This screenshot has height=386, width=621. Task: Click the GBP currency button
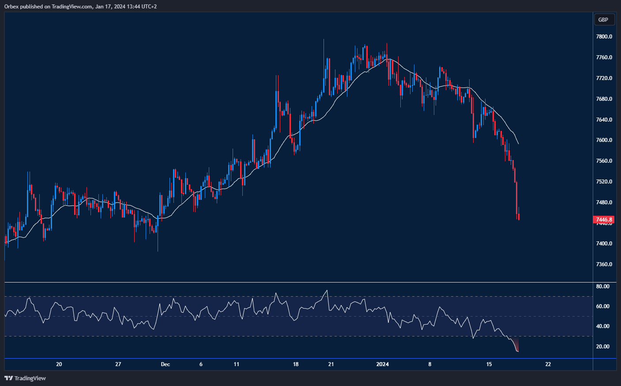click(x=603, y=19)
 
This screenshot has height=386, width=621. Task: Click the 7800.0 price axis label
click(x=604, y=37)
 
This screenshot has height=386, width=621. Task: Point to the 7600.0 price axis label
click(x=604, y=140)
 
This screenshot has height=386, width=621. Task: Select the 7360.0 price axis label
click(x=604, y=264)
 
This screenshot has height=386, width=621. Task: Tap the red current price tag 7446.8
click(x=604, y=220)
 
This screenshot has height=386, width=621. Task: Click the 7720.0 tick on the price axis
click(x=604, y=78)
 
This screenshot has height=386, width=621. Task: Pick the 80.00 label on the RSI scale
click(x=602, y=287)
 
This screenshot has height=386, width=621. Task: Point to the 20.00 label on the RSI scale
click(x=602, y=347)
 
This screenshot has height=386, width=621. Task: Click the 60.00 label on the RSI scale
click(x=602, y=306)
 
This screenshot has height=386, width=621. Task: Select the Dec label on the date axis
click(x=165, y=364)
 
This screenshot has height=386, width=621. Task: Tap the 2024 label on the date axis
click(x=382, y=364)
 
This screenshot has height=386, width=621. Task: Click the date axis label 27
click(x=118, y=364)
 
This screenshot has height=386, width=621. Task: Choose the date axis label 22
click(x=548, y=364)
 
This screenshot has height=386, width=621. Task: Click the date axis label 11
click(x=237, y=364)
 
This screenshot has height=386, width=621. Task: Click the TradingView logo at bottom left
click(x=25, y=378)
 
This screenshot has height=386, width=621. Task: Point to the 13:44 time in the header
click(x=129, y=7)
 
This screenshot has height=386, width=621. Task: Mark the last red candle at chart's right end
click(x=519, y=216)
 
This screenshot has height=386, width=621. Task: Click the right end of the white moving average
click(x=518, y=144)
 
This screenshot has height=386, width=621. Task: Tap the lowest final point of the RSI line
click(x=518, y=352)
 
